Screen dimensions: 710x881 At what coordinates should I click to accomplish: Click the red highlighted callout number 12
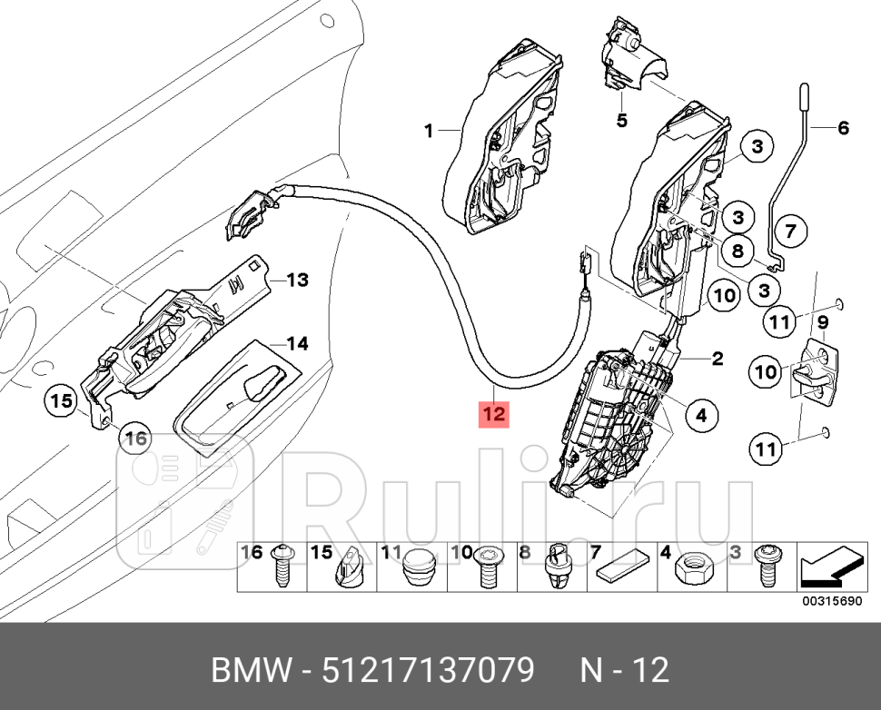click(494, 414)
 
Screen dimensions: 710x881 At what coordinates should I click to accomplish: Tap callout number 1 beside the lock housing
click(429, 132)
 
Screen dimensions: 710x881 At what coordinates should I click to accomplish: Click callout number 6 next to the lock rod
click(621, 119)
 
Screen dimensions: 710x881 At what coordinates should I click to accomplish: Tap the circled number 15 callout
click(60, 400)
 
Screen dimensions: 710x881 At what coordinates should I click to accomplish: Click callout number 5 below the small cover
click(621, 119)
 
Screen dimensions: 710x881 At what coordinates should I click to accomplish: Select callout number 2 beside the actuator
click(717, 359)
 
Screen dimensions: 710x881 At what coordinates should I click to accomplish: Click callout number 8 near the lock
click(737, 252)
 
